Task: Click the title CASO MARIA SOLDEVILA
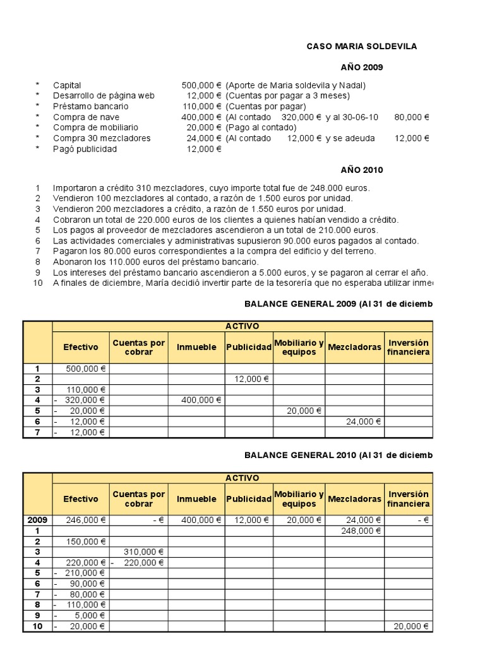tap(361, 47)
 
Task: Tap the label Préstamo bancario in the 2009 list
tap(90, 106)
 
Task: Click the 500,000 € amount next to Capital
tap(201, 85)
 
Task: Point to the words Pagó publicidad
tap(85, 149)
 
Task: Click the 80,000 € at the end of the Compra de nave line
tap(412, 117)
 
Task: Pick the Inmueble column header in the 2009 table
tap(196, 347)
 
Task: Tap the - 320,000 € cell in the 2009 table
tap(81, 400)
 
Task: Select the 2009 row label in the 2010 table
tap(37, 520)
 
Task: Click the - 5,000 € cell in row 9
tap(81, 616)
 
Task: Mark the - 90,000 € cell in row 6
tap(81, 584)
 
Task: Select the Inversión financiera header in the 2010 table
tap(409, 499)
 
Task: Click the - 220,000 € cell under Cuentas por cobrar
tap(139, 563)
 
